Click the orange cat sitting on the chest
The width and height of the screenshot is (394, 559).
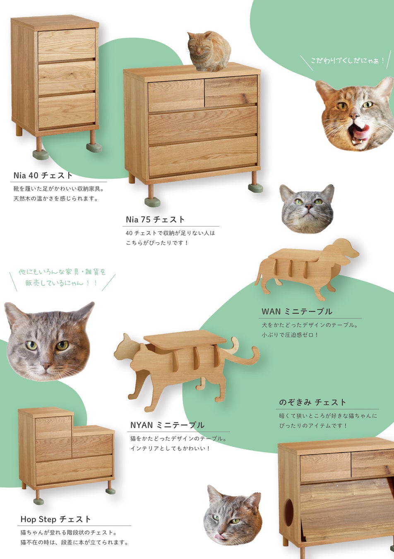click(209, 51)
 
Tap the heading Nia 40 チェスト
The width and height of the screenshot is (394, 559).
click(43, 176)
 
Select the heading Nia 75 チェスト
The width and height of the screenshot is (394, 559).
click(155, 219)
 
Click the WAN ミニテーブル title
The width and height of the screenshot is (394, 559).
click(297, 311)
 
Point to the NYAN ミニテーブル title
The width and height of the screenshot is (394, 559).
click(167, 425)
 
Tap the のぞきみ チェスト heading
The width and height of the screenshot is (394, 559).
click(312, 402)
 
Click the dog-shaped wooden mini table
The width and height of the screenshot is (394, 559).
click(307, 270)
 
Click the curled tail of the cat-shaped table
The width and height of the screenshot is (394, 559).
click(250, 354)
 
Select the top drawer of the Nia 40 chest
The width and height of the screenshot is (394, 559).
click(67, 44)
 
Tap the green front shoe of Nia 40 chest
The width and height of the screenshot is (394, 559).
click(41, 154)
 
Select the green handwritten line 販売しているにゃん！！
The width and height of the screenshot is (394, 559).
click(61, 283)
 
